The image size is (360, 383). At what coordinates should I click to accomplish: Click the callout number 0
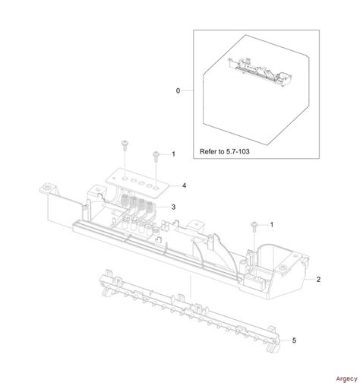tap(178, 90)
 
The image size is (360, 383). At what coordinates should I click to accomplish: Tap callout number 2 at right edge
tap(319, 280)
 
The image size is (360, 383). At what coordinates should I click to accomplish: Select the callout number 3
tap(174, 207)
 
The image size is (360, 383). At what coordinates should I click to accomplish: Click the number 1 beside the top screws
tap(173, 154)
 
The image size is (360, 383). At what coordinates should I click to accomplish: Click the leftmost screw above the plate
tap(124, 144)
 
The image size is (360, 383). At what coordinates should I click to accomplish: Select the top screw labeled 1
tap(156, 154)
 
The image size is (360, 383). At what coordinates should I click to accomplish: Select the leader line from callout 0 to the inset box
tap(188, 90)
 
